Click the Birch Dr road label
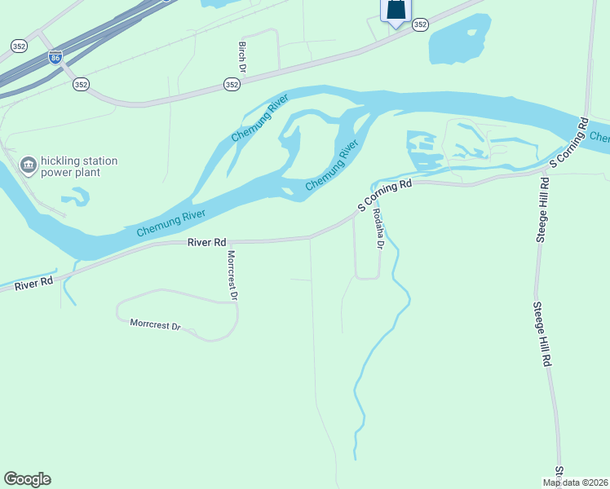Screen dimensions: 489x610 [241, 55]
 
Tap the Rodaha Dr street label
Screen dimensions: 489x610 [378, 227]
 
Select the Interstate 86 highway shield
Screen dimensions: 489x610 [55, 58]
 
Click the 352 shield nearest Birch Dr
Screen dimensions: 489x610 [232, 85]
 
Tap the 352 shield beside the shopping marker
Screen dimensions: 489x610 [419, 25]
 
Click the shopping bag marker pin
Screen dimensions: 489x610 [396, 10]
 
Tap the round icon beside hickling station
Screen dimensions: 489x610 [29, 166]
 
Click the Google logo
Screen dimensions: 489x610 [27, 479]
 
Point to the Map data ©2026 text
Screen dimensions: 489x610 [575, 482]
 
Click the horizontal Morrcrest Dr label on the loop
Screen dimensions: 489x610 [155, 324]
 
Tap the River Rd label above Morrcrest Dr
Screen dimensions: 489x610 [206, 242]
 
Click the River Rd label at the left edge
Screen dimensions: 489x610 [33, 281]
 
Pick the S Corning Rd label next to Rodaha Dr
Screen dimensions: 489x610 [384, 196]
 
